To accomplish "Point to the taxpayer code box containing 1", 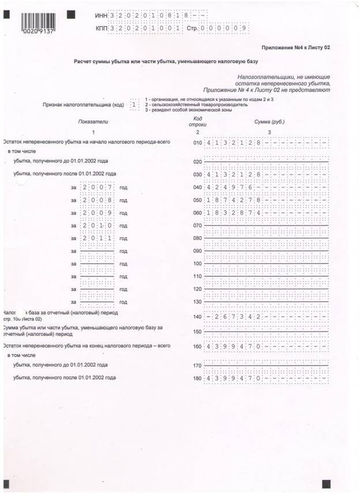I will coord(134,104).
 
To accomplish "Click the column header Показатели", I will coord(93,122).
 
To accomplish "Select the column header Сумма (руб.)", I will coord(269,122).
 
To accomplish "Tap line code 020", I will coord(198,162).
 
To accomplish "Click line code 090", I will coord(198,251).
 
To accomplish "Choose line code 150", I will coord(198,331).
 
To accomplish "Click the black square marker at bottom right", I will coord(327,482).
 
